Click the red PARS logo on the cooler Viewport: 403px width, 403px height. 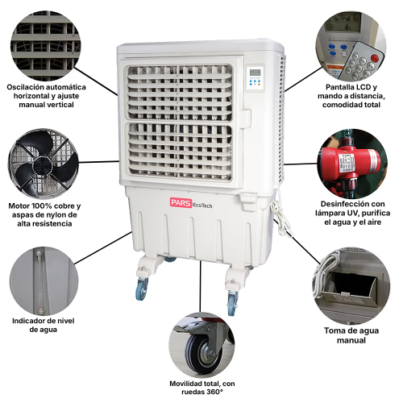181,202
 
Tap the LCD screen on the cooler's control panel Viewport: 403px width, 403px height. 255,73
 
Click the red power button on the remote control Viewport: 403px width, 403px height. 374,57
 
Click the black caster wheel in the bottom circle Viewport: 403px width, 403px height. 203,352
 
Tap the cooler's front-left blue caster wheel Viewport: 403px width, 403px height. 142,289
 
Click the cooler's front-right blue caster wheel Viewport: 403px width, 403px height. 232,302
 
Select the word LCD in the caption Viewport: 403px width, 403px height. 364,87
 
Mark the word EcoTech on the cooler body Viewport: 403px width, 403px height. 202,205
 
